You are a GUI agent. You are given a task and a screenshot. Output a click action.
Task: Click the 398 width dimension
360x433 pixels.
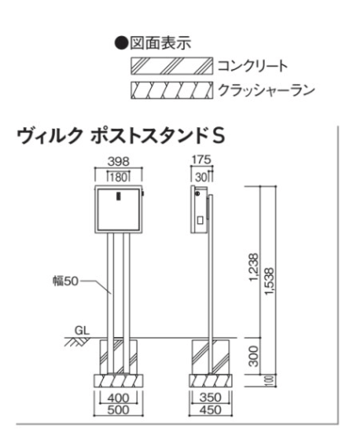click(x=119, y=162)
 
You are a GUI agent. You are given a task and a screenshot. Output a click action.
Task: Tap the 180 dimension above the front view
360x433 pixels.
click(x=119, y=178)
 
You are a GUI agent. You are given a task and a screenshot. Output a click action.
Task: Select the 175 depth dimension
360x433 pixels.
click(x=201, y=160)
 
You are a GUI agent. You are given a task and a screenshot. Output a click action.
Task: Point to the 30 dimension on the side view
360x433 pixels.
click(x=201, y=177)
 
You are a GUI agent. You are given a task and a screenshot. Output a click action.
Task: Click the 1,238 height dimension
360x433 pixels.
click(x=254, y=267)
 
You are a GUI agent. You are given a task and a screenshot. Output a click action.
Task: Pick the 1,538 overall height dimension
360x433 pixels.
click(x=269, y=281)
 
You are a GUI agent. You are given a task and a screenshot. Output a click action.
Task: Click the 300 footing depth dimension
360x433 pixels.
click(x=254, y=356)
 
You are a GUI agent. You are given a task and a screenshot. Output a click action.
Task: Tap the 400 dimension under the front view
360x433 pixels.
click(x=118, y=398)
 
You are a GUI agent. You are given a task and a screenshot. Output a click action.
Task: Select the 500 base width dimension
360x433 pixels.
click(x=118, y=410)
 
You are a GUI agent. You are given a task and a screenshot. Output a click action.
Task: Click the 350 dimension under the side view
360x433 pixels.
click(x=211, y=398)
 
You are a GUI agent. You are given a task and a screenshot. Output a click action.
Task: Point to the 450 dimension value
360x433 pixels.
click(x=211, y=410)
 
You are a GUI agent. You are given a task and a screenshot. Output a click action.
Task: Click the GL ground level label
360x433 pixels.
click(x=82, y=330)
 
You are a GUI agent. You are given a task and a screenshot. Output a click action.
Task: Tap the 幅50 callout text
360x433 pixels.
click(x=66, y=281)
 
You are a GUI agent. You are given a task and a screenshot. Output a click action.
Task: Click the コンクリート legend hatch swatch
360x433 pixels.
click(x=172, y=66)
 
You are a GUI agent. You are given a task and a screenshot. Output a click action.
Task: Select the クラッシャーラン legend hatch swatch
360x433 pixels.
click(x=172, y=90)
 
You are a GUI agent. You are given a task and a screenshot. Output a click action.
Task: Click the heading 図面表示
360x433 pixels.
click(x=160, y=43)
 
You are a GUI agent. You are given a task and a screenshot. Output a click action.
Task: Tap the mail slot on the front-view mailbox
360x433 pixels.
click(x=119, y=196)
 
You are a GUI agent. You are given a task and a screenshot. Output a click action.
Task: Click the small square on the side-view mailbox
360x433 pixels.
click(x=200, y=220)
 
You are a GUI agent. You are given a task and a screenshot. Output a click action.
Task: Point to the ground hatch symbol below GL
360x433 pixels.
click(x=77, y=341)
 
